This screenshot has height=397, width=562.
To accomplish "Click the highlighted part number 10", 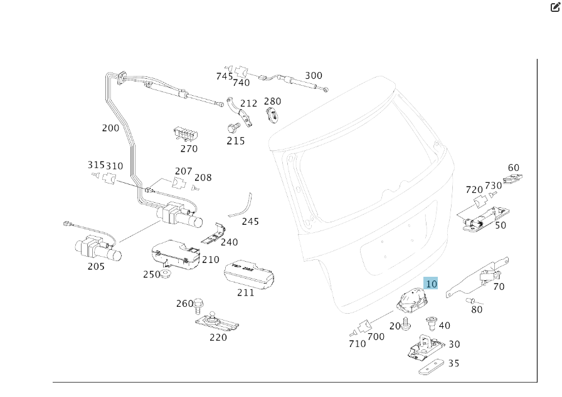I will (x=431, y=284).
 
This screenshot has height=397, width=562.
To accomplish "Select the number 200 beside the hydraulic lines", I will (x=110, y=128).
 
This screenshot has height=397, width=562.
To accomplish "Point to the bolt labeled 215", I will (x=232, y=128).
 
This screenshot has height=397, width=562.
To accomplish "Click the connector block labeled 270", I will (x=186, y=135).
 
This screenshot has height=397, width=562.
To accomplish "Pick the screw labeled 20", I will (x=406, y=324).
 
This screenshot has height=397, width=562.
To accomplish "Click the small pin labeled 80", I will (x=472, y=302).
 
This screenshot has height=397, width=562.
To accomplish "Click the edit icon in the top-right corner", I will (x=555, y=7).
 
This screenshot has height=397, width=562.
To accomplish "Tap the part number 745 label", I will (x=225, y=76).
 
